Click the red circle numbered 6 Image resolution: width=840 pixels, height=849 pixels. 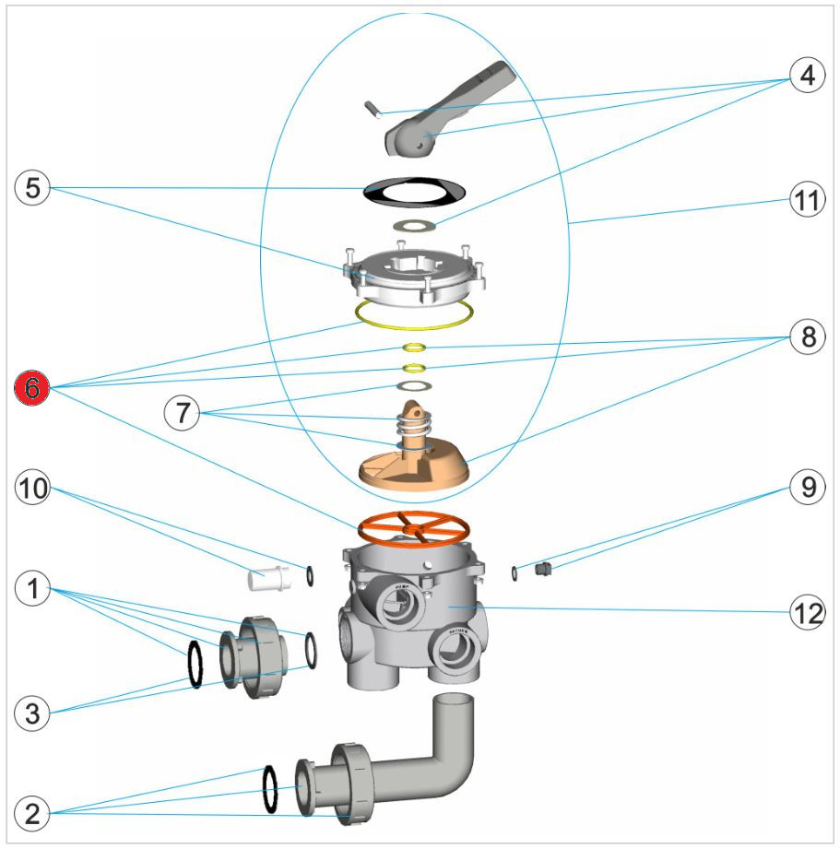(32, 389)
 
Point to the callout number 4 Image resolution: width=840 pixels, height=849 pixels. (808, 76)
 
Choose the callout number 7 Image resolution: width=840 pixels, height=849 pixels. (182, 414)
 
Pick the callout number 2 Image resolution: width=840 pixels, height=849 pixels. (32, 813)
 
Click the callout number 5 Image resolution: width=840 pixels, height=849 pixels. (32, 188)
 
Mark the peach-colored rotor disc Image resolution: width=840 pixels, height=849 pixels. (413, 466)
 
